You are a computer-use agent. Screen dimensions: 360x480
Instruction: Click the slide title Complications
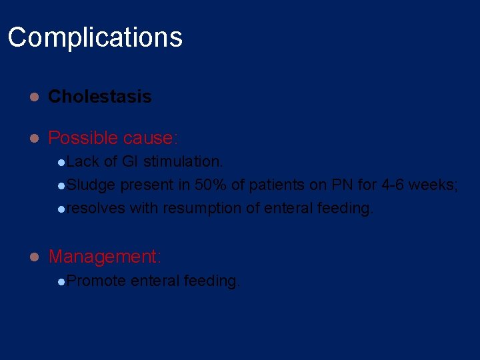[95, 37]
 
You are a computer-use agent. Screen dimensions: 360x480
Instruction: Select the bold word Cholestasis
[100, 97]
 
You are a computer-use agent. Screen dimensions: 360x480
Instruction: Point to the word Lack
[83, 161]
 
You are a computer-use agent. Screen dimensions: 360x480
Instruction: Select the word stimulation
[183, 161]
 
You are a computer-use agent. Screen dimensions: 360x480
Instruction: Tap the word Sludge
[91, 185]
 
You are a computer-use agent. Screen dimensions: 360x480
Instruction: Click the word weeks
[432, 185]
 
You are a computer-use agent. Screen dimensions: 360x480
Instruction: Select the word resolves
[96, 208]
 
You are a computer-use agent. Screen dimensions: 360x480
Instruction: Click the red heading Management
[104, 256]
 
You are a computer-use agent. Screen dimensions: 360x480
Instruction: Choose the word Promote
[96, 281]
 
